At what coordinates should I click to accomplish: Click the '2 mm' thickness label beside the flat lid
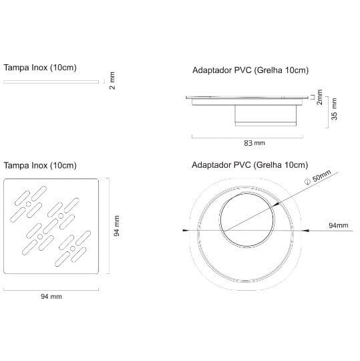[112, 81]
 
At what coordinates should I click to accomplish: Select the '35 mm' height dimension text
[334, 109]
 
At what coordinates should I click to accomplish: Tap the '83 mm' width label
[254, 143]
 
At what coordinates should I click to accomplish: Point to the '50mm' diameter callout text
[321, 176]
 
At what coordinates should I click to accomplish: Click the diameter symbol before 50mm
[307, 182]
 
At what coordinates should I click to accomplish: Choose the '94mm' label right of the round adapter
[339, 225]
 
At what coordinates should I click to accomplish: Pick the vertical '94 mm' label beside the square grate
[117, 226]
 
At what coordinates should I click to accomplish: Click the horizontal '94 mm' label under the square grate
[51, 296]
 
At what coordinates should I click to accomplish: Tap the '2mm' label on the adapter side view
[319, 97]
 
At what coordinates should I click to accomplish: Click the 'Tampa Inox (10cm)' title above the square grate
[40, 166]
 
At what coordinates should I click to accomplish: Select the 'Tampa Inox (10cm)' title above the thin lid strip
[40, 68]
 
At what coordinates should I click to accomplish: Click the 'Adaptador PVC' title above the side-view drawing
[222, 70]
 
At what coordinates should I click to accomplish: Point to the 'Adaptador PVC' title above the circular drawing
[221, 165]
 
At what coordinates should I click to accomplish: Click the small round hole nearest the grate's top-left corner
[28, 204]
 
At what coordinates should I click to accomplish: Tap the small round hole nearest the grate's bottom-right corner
[73, 249]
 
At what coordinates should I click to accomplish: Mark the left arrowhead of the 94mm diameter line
[186, 230]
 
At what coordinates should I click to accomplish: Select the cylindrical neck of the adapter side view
[266, 116]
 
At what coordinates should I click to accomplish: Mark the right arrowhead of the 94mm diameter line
[306, 230]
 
